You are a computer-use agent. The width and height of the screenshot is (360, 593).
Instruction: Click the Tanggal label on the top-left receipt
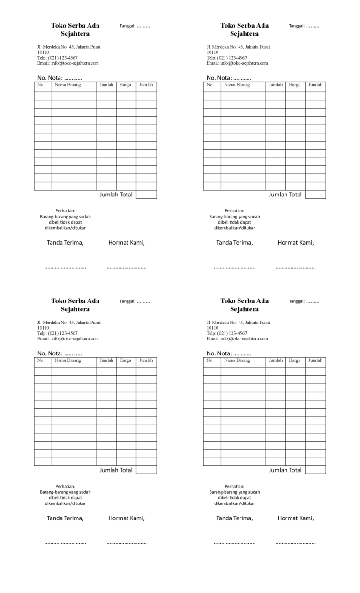click(127, 26)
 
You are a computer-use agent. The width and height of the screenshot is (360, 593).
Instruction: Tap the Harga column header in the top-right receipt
click(295, 85)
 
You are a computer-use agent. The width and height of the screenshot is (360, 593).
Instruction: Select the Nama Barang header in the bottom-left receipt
click(67, 360)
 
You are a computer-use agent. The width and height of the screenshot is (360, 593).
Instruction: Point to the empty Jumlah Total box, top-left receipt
click(146, 195)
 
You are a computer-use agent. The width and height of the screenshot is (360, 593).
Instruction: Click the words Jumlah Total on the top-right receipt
click(285, 195)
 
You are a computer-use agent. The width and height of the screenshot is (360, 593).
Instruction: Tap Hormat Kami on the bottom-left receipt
click(127, 518)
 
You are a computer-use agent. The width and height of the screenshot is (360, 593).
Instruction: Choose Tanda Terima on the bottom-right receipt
click(234, 518)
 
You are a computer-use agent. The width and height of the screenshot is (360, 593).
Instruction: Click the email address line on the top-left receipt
click(68, 63)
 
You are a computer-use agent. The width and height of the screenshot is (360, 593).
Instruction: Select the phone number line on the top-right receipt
click(227, 58)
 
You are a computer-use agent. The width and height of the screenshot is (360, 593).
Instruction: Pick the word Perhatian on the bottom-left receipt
click(65, 486)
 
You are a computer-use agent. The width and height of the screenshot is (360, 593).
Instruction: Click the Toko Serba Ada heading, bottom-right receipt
click(245, 301)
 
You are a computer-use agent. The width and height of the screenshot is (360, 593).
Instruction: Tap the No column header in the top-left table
click(40, 85)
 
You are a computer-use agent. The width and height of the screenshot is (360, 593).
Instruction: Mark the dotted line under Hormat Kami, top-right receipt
click(296, 267)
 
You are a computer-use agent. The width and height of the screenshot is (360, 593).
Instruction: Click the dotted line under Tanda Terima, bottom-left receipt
click(65, 543)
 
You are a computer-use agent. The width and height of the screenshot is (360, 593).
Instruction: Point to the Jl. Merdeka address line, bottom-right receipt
click(238, 323)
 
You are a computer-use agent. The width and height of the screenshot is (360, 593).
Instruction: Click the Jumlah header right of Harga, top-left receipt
click(146, 85)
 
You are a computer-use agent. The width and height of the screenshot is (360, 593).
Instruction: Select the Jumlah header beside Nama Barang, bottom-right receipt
click(276, 360)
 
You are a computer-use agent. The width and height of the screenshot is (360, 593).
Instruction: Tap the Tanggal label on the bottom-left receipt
click(127, 301)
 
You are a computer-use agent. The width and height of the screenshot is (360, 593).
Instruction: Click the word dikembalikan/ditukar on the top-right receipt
click(234, 228)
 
